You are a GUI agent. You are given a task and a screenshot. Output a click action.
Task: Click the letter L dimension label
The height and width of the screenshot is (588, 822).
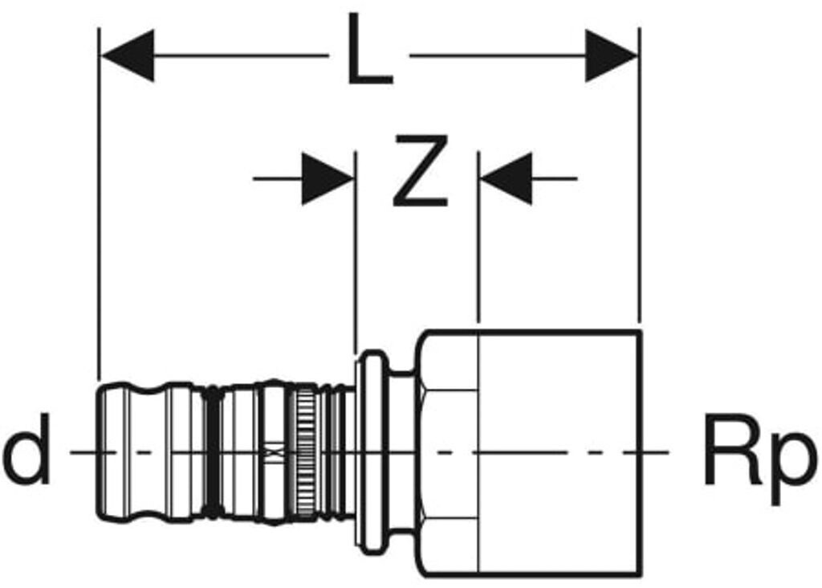click(x=369, y=49)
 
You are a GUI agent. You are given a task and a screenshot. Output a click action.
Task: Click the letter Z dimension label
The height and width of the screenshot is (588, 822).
click(x=421, y=170)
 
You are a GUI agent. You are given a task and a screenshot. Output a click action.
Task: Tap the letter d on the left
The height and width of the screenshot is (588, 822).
click(x=26, y=449)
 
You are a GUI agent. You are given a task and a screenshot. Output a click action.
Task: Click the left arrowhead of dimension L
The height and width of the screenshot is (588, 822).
click(x=128, y=55)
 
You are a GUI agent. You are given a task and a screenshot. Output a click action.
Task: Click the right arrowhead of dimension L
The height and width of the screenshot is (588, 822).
click(x=611, y=55)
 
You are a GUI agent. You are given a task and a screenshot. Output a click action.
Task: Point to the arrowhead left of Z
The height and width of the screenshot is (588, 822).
click(x=328, y=179)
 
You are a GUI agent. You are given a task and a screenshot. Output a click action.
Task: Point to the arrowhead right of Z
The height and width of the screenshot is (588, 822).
click(x=507, y=179)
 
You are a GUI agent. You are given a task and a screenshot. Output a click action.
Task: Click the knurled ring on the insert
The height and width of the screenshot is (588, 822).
click(x=305, y=452)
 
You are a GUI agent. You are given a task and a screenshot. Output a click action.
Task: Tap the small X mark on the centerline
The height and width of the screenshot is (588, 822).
click(x=273, y=451)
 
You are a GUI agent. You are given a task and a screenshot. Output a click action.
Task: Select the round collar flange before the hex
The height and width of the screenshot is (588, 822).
click(x=372, y=452)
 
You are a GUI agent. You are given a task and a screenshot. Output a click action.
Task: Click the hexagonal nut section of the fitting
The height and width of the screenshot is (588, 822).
click(x=447, y=454)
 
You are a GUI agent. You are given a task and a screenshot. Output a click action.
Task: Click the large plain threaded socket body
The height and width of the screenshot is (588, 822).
click(x=560, y=454)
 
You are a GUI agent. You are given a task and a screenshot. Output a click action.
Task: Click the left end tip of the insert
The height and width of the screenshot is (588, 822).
click(x=99, y=452)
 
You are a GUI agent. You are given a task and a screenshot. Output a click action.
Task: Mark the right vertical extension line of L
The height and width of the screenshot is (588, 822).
click(x=639, y=175)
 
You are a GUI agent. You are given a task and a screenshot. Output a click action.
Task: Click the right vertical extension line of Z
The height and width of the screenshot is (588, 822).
click(x=478, y=236)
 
